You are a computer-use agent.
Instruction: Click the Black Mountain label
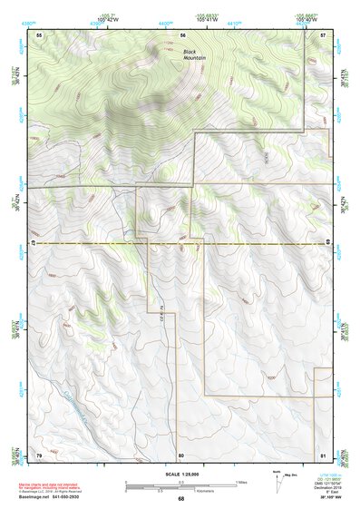(195, 55)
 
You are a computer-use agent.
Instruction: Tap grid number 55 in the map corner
(39, 34)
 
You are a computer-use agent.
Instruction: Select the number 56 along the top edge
(182, 34)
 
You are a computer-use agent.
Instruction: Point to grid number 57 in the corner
(323, 34)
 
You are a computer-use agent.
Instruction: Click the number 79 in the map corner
(39, 454)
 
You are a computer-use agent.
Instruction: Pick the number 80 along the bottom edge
(181, 454)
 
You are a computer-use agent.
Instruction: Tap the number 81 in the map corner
(323, 454)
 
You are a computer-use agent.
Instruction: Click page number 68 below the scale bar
(180, 499)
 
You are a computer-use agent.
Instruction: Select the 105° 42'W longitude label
(110, 19)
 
